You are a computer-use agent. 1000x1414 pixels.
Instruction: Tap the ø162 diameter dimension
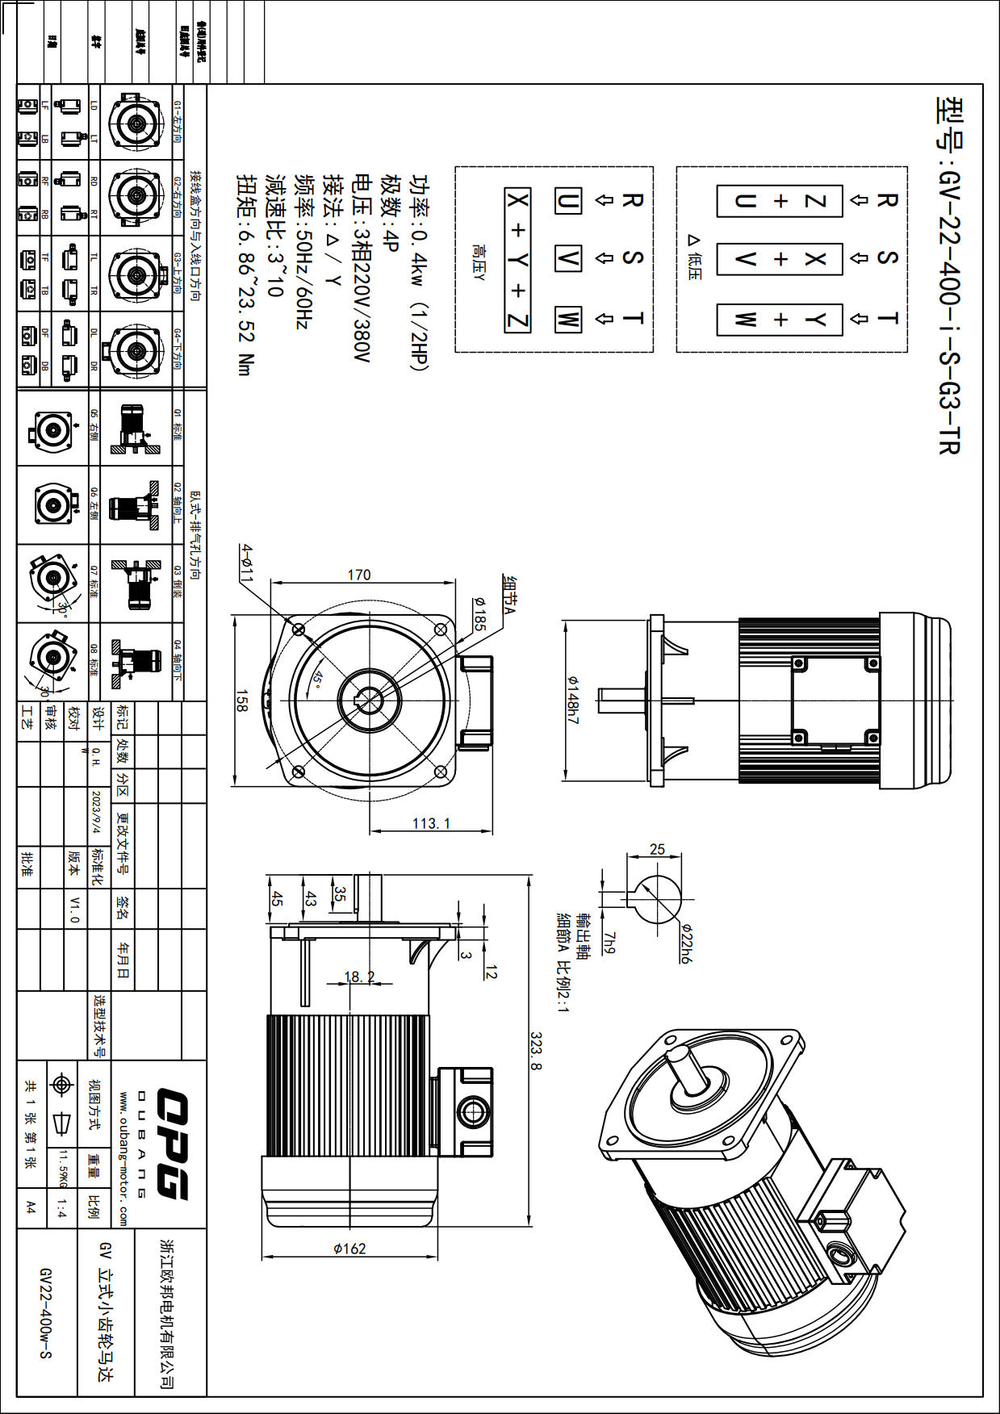[349, 1249]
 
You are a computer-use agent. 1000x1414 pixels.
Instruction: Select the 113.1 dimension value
[432, 823]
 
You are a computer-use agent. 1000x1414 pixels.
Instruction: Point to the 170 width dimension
[359, 575]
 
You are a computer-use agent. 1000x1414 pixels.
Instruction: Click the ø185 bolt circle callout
[479, 613]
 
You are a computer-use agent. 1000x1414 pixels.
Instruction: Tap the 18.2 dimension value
[360, 977]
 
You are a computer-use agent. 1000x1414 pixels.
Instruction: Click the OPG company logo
[172, 1143]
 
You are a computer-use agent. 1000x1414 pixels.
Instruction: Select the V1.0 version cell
[75, 909]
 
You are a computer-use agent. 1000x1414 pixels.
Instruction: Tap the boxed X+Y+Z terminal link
[517, 260]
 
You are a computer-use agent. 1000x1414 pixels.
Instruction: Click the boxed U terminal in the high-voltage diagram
[568, 201]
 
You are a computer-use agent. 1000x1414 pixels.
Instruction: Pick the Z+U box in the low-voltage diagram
[780, 201]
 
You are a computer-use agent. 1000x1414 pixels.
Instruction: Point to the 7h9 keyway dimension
[609, 942]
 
